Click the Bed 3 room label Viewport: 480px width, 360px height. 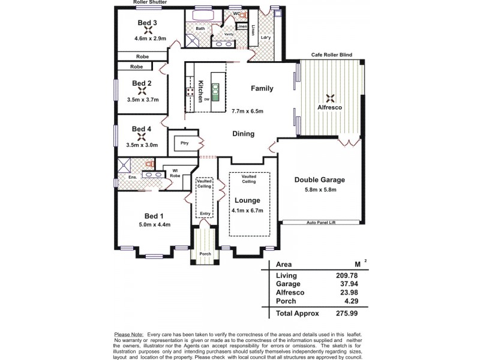(x=147, y=23)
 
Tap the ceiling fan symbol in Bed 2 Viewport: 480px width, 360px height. (x=142, y=92)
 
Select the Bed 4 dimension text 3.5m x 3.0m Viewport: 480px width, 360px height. (x=142, y=145)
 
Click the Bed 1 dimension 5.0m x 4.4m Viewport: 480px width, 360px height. (x=154, y=225)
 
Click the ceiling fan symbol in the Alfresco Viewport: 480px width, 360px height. (x=329, y=98)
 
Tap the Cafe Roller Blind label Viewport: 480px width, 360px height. (x=331, y=55)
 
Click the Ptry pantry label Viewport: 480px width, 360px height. (x=184, y=143)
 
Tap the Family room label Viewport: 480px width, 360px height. (x=262, y=88)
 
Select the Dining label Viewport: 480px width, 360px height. (x=243, y=134)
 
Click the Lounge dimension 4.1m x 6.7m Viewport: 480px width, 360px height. (x=248, y=210)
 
